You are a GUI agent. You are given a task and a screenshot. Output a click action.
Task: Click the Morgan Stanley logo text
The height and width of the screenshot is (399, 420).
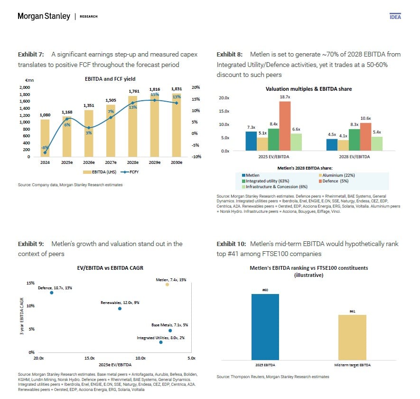click(44, 17)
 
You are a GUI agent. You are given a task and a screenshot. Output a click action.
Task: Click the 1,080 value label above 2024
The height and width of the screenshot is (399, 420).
click(45, 115)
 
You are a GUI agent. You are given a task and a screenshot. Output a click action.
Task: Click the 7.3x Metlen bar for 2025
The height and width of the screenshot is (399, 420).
click(251, 141)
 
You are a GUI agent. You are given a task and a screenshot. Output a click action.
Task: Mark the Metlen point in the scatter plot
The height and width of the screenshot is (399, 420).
click(167, 284)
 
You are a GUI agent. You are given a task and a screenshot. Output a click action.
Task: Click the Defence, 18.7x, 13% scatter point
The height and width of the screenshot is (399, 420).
click(52, 293)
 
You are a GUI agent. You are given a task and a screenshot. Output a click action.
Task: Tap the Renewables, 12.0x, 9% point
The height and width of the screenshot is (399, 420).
click(120, 308)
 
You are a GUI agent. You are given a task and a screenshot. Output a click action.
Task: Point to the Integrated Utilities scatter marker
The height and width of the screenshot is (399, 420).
click(161, 342)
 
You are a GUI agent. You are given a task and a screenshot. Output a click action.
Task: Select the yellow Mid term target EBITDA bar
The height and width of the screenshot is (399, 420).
click(352, 337)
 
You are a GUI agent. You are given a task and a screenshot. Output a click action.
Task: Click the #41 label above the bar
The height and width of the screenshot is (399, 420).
click(352, 311)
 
